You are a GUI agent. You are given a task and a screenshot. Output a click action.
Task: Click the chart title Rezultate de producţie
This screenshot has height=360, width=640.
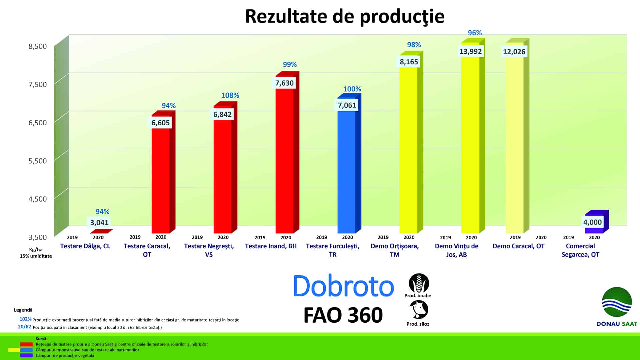click(345, 16)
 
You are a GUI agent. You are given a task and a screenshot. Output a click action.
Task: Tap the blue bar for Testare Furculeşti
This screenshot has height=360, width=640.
click(349, 163)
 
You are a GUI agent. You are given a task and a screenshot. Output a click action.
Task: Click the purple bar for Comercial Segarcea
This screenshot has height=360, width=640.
click(597, 222)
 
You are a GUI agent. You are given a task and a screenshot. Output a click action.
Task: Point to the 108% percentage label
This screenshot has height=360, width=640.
click(230, 95)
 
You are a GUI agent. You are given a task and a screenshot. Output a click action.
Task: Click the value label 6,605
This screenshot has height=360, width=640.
click(161, 123)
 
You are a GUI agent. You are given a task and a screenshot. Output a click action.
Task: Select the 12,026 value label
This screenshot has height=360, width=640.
click(514, 52)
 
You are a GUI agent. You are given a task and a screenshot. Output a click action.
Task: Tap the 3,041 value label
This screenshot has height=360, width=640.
click(99, 222)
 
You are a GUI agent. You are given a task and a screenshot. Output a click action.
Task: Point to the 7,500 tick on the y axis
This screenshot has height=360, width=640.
click(38, 84)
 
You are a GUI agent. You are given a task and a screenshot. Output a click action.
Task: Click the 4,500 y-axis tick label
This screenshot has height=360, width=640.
click(38, 199)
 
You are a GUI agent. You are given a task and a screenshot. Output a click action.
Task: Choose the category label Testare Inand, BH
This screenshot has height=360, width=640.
click(271, 246)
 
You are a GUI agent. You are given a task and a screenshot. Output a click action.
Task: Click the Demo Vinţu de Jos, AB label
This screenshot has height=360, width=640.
click(456, 250)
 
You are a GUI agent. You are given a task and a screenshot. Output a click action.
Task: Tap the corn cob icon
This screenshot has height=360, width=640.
click(419, 283)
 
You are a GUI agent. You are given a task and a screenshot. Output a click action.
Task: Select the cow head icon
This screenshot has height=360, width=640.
click(419, 310)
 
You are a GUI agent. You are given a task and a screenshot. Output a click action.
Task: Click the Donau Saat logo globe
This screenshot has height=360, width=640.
click(617, 302)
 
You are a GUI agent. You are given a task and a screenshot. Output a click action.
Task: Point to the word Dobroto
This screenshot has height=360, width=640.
click(343, 286)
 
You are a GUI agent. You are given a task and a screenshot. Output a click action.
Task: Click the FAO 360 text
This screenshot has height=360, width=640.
click(343, 315)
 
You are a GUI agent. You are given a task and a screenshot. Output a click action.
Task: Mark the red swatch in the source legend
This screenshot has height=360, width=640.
click(26, 344)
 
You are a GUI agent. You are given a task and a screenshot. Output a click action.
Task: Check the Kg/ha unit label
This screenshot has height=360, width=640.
click(36, 250)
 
